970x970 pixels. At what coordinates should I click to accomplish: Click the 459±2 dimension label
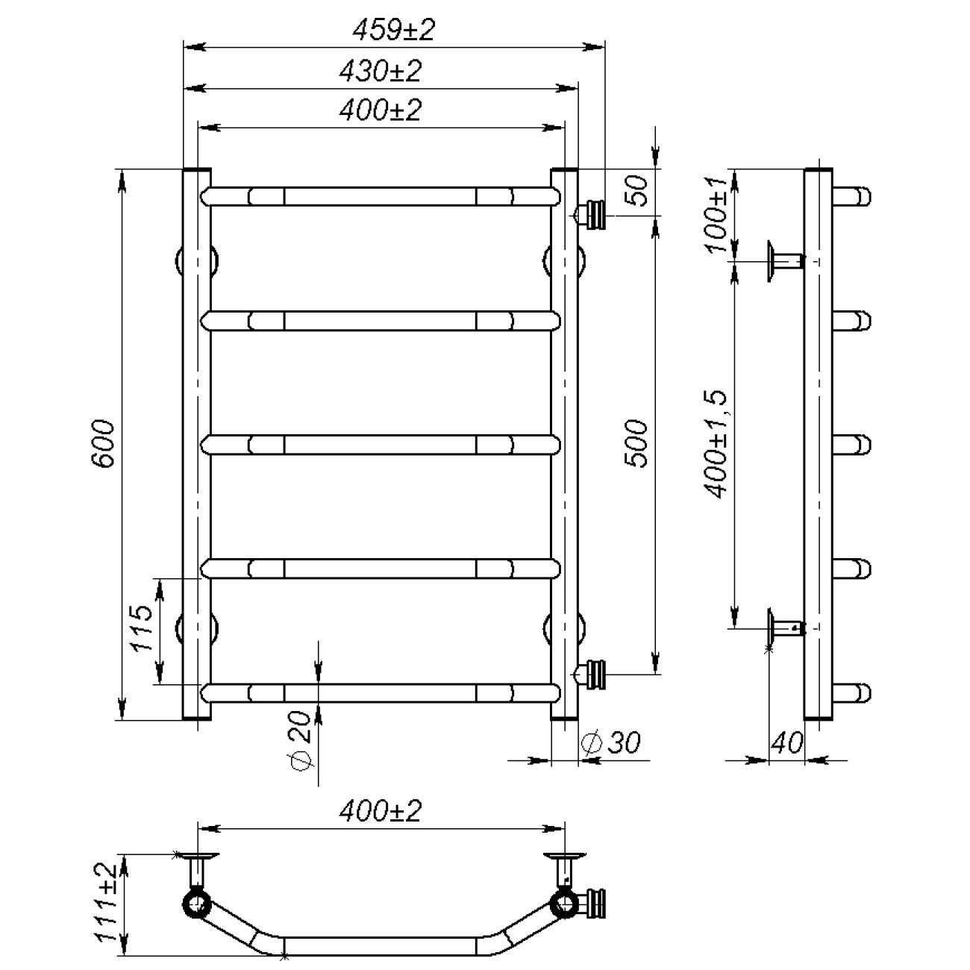pyautogui.click(x=393, y=30)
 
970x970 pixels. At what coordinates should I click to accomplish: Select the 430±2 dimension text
pyautogui.click(x=380, y=71)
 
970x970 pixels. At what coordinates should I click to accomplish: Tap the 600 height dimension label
pyautogui.click(x=104, y=443)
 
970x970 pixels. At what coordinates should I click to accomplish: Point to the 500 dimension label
pyautogui.click(x=636, y=443)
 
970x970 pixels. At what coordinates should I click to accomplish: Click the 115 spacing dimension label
pyautogui.click(x=142, y=628)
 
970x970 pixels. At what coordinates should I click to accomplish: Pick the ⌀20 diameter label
pyautogui.click(x=300, y=741)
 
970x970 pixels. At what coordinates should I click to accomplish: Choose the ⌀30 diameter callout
pyautogui.click(x=610, y=742)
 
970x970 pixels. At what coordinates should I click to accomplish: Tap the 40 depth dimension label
pyautogui.click(x=786, y=742)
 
